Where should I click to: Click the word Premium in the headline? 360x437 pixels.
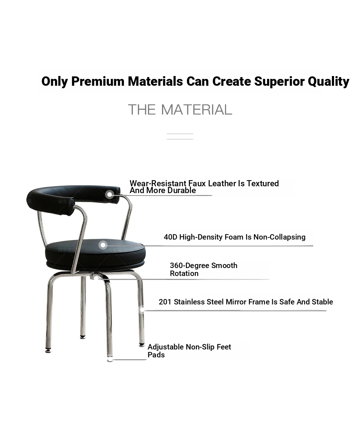(98, 81)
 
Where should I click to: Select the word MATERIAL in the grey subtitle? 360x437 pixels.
(197, 110)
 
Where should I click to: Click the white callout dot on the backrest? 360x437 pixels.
(109, 195)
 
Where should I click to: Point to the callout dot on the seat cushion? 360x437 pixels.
(103, 245)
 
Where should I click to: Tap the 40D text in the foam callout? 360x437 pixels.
(171, 237)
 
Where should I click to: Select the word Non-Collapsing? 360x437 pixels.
(279, 237)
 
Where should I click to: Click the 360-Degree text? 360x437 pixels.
(189, 266)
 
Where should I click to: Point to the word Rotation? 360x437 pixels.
(184, 273)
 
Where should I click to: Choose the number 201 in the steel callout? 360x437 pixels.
(165, 302)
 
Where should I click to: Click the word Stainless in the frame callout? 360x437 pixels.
(189, 302)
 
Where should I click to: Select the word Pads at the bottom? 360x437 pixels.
(156, 355)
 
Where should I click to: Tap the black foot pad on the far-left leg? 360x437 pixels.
(48, 351)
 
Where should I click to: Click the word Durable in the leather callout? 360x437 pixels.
(181, 190)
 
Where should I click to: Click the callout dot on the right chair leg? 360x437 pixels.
(142, 310)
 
